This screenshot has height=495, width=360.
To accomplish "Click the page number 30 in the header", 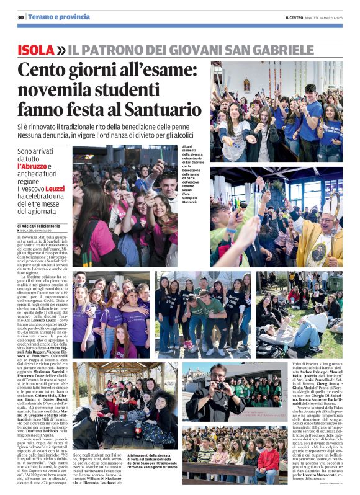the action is pyautogui.click(x=20, y=16).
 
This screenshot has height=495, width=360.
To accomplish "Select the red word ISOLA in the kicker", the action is pyautogui.click(x=36, y=49).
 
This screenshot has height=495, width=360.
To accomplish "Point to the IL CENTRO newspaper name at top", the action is pyautogui.click(x=294, y=16).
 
